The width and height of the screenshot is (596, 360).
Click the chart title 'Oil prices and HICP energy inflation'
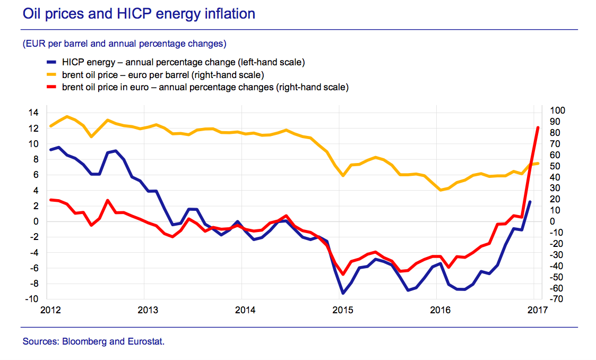(x=139, y=13)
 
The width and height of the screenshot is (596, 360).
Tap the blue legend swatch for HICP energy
(x=52, y=63)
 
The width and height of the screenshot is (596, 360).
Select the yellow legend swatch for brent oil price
(x=52, y=75)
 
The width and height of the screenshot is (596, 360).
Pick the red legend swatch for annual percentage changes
(x=52, y=87)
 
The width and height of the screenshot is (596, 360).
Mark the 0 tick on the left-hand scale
(x=36, y=221)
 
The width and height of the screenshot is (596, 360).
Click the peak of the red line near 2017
(x=538, y=127)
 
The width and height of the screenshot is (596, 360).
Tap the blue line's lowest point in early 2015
(x=343, y=293)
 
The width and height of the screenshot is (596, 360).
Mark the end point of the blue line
(x=530, y=202)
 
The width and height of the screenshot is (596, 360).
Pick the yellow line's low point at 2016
(x=440, y=190)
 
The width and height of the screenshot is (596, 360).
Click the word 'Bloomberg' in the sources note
(x=86, y=341)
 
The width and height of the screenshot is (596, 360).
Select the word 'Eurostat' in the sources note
(x=145, y=341)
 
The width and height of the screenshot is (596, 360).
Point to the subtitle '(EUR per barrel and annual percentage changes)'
(x=125, y=43)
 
